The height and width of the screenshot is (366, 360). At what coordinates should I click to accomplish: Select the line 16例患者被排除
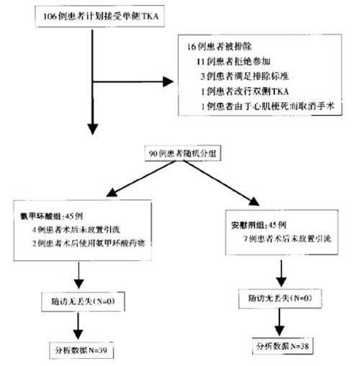[217, 48]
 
